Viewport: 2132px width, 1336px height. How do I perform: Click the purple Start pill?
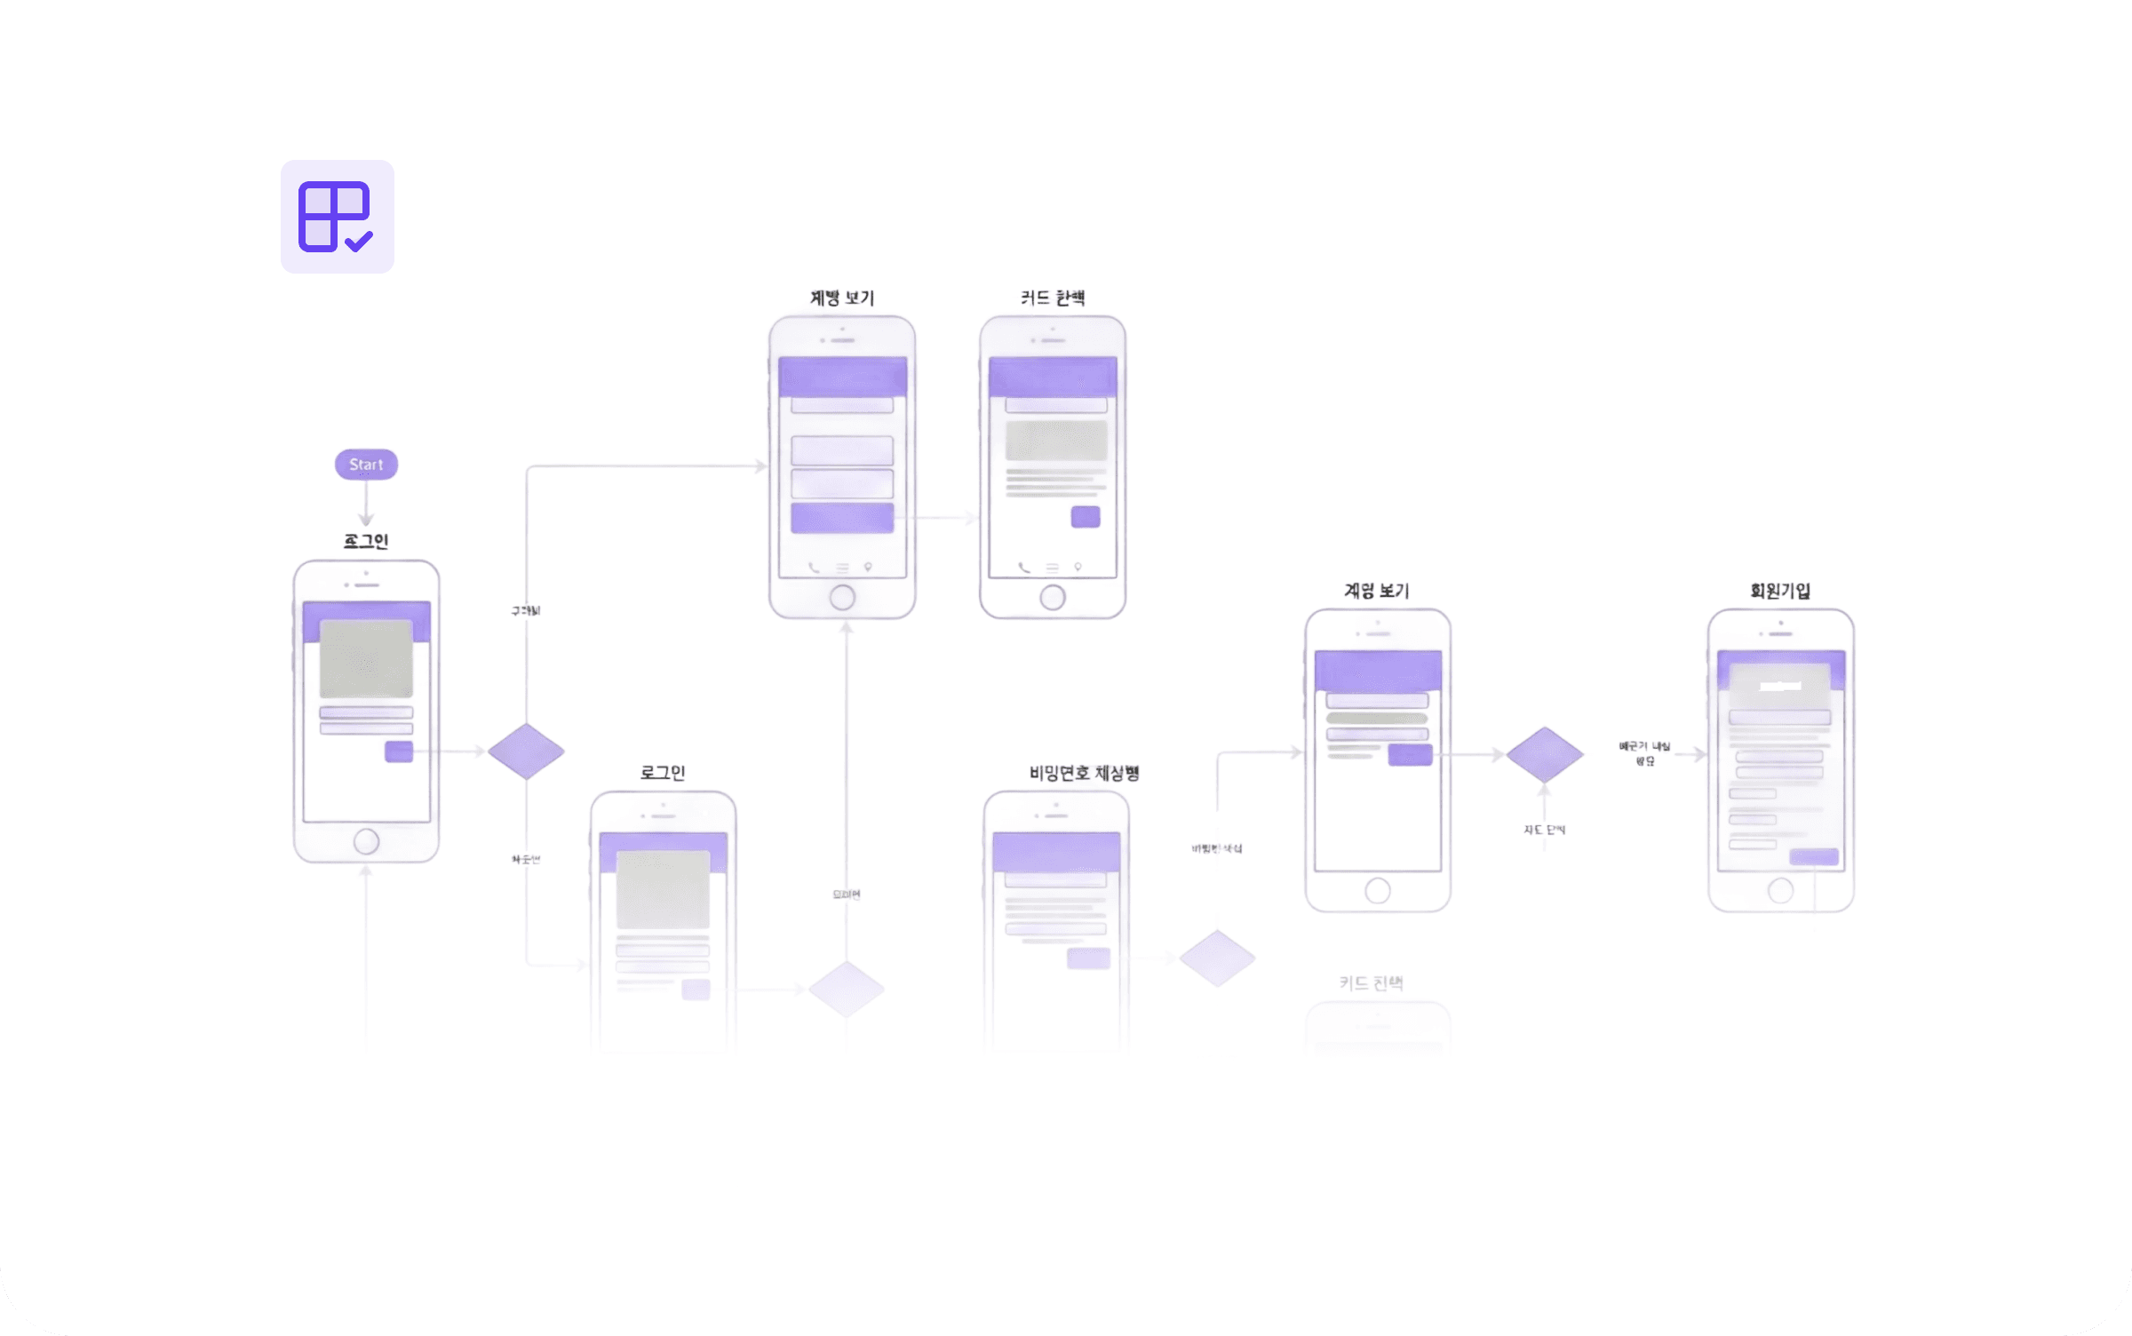[x=366, y=465]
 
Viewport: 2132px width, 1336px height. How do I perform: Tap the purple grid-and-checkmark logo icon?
[x=337, y=217]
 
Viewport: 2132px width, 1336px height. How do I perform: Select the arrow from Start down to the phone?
[x=366, y=504]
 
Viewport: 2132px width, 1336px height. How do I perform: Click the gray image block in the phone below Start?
[x=366, y=658]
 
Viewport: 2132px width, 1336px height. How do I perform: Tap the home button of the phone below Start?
[x=366, y=840]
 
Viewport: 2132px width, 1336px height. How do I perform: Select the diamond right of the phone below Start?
[x=526, y=751]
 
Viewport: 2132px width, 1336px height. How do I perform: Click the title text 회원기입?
[x=1780, y=591]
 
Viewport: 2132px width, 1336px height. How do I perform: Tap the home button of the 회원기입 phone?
[x=1780, y=890]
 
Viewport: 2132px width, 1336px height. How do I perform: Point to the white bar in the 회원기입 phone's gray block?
[x=1780, y=686]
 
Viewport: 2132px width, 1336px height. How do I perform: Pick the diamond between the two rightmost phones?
[x=1545, y=755]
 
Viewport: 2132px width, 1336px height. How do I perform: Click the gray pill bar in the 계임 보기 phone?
[x=1377, y=718]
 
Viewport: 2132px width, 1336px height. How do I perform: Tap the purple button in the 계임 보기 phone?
[x=1410, y=755]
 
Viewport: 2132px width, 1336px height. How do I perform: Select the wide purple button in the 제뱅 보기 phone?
[x=842, y=518]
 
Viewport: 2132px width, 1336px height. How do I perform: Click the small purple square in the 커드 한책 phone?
[x=1086, y=517]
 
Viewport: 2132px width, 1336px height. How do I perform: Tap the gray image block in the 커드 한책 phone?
[x=1056, y=441]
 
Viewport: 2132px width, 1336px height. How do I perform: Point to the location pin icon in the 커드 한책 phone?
[x=1078, y=567]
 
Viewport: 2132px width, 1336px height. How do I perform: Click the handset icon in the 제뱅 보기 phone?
[x=814, y=568]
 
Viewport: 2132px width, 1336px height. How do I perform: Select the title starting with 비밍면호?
[x=1084, y=773]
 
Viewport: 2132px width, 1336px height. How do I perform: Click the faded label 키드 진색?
[x=1371, y=983]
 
